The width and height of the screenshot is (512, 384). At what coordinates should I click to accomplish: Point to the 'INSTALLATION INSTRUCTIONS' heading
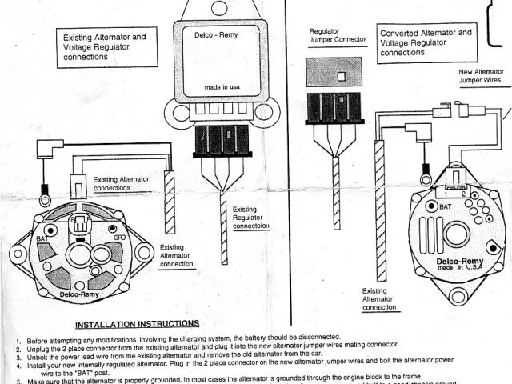tap(137, 324)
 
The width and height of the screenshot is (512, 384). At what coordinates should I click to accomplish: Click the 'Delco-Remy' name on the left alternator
tap(78, 295)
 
